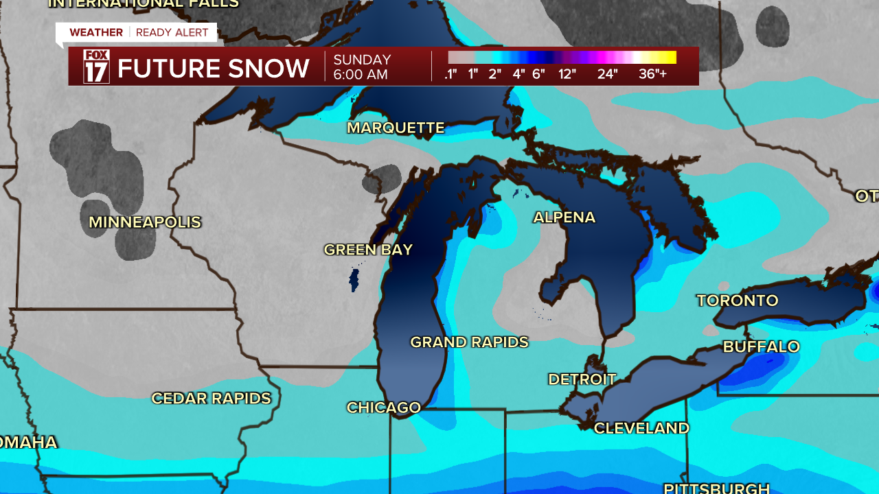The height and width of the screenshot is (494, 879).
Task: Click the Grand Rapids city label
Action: (469, 342)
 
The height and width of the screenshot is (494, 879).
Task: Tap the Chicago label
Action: (383, 408)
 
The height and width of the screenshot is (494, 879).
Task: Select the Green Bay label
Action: (368, 250)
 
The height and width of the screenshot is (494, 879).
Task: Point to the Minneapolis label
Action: (145, 222)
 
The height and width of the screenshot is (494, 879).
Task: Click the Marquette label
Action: (396, 128)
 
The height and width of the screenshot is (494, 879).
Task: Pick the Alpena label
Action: (564, 217)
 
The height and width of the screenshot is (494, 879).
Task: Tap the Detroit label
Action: (582, 379)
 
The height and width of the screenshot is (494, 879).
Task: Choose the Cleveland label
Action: (641, 428)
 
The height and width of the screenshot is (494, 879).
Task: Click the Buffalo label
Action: (761, 346)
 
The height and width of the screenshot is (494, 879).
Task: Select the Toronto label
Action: (738, 301)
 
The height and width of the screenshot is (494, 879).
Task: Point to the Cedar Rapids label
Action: (211, 399)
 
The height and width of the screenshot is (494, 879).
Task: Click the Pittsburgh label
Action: (716, 488)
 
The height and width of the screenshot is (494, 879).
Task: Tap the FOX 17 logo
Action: (96, 67)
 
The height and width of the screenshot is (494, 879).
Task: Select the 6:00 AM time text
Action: (361, 75)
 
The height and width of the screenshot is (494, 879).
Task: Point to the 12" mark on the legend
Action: (567, 74)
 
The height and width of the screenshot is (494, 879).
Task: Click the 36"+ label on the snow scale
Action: (652, 74)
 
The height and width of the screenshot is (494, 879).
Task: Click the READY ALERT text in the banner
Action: (172, 32)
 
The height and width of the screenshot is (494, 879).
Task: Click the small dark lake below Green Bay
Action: (354, 280)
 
